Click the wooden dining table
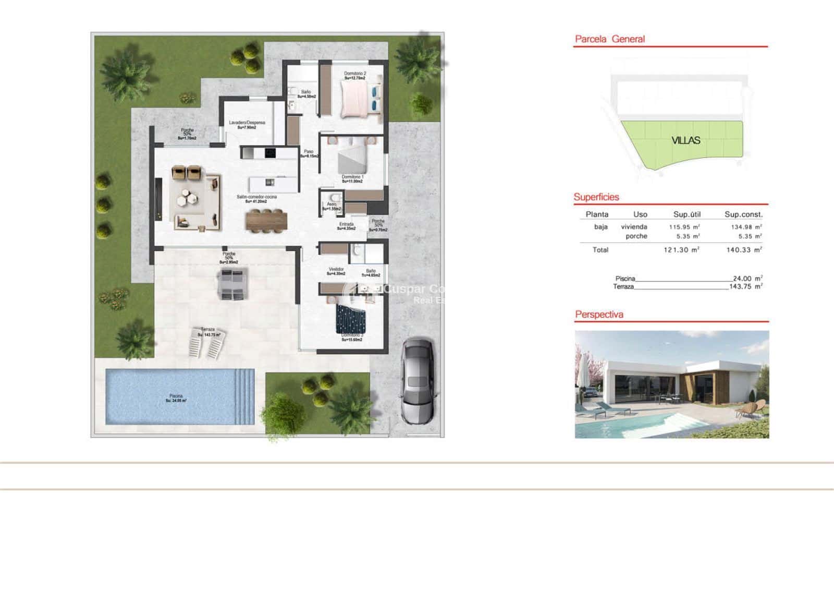[266, 220]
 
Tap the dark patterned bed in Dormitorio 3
[351, 319]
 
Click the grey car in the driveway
[417, 381]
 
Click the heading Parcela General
[609, 39]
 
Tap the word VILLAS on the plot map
[685, 140]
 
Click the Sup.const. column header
[743, 214]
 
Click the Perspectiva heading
[599, 315]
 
